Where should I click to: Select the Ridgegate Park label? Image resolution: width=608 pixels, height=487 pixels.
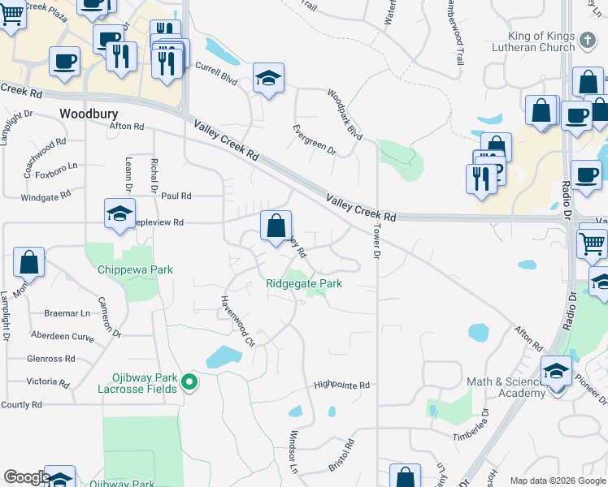[304, 283]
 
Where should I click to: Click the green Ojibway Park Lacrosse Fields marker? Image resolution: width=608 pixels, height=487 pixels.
[189, 381]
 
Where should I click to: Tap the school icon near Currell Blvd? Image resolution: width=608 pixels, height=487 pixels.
[268, 78]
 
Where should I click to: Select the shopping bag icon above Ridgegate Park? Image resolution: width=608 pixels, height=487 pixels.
[276, 225]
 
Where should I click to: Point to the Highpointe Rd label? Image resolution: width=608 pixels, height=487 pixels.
[341, 385]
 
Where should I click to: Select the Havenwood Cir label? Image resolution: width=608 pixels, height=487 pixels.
[238, 321]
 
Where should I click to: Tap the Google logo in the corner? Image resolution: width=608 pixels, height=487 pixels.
[27, 477]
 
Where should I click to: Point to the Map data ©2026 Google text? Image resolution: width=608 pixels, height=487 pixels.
[557, 481]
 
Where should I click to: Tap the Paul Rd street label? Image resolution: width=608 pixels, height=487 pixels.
[176, 196]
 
